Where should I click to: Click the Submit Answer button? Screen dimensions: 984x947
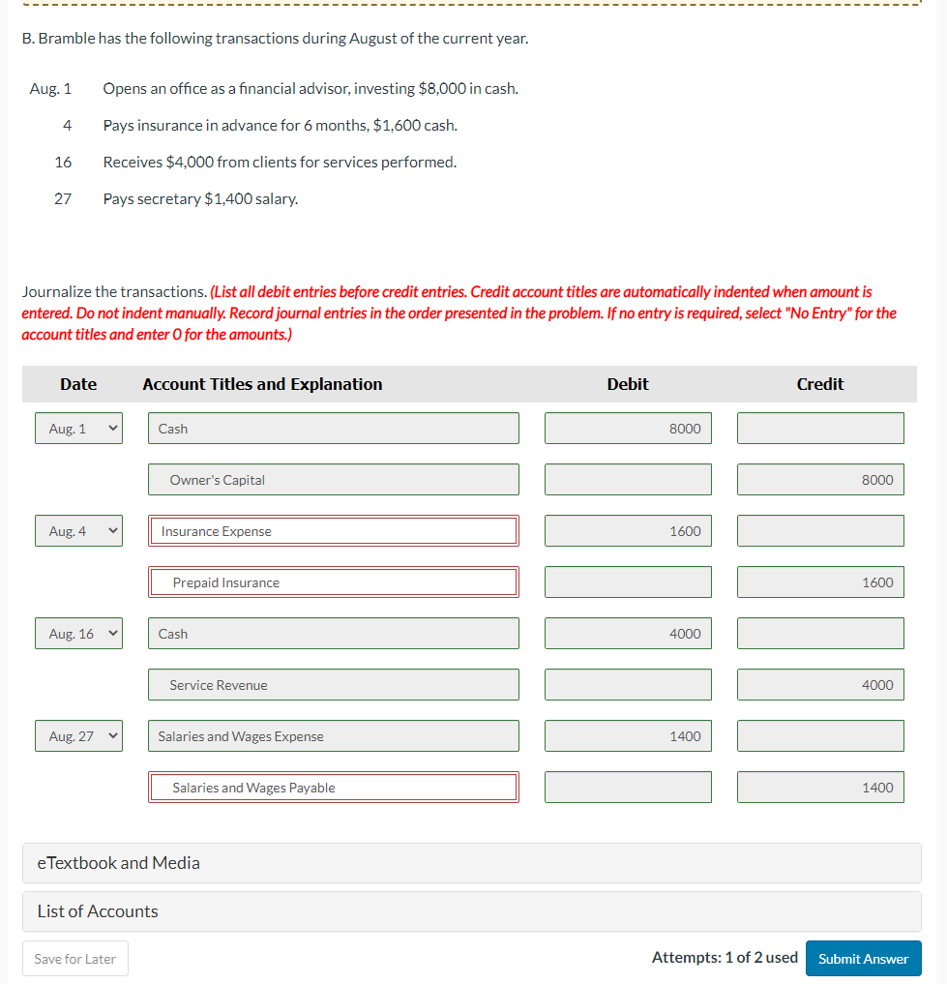tap(863, 959)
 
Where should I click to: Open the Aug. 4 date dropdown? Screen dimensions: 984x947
tap(78, 531)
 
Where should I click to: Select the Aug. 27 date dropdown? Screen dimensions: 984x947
tap(78, 736)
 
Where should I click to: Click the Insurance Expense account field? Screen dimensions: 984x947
tap(333, 531)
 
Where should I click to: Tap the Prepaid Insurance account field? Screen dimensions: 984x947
tap(333, 582)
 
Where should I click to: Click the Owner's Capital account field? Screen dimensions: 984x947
tap(333, 480)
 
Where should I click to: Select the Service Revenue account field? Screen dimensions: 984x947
tap(333, 685)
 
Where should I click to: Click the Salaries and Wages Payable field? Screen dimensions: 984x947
tap(333, 788)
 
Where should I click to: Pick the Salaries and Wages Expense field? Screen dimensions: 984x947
tap(333, 736)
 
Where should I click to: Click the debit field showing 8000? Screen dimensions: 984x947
tap(628, 429)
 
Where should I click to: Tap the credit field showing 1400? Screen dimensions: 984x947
tap(820, 788)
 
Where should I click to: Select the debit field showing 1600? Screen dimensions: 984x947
tap(628, 531)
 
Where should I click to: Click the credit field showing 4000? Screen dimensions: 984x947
tap(820, 685)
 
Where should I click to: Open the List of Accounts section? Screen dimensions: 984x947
tap(471, 911)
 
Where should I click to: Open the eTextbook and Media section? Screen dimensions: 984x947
tap(471, 863)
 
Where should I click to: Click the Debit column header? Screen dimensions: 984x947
tap(628, 384)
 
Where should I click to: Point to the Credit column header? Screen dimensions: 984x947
tap(820, 384)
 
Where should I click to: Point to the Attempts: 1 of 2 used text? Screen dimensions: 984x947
tap(725, 958)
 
